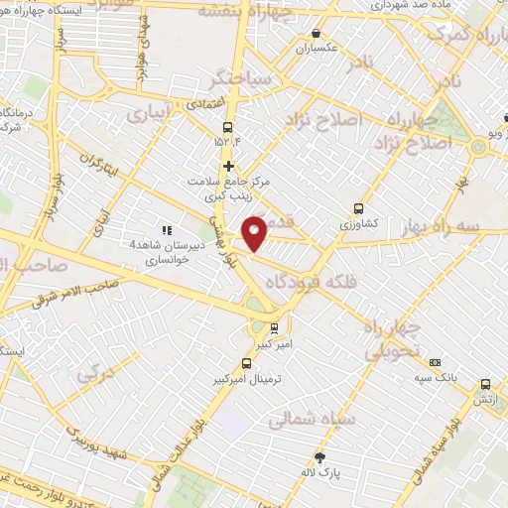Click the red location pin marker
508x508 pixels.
coord(255,232)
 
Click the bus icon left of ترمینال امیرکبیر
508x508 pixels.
coord(247,363)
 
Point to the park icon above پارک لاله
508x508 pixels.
coord(319,458)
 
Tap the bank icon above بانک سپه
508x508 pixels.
coord(434,362)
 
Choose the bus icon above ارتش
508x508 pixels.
coord(485,384)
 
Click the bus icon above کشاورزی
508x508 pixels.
coord(358,209)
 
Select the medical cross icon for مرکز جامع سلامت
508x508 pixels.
coord(229,166)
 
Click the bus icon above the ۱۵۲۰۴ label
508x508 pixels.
coord(228,127)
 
